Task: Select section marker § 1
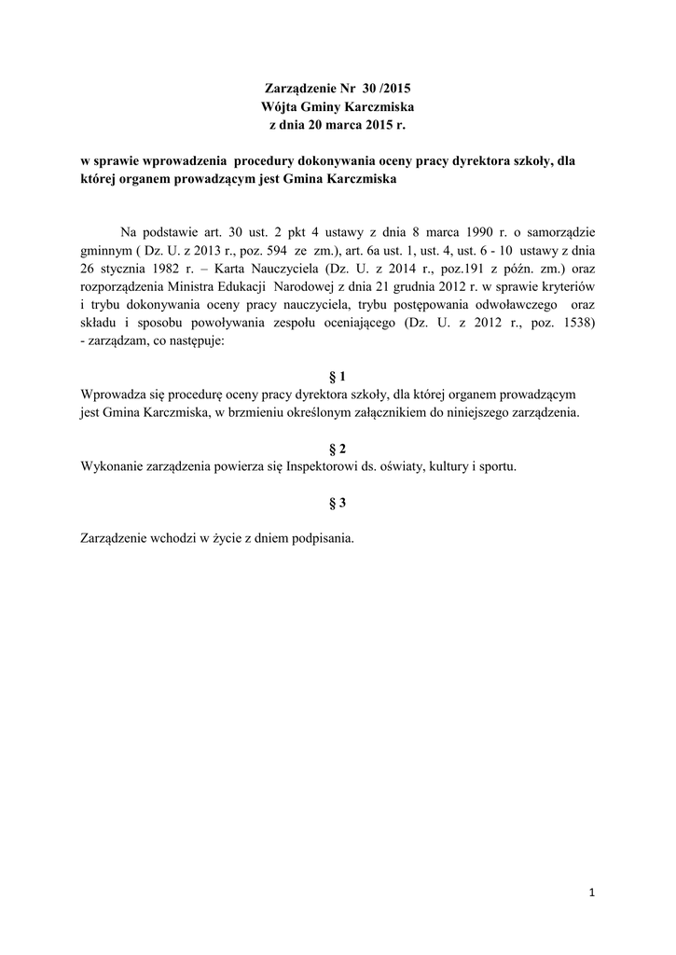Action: click(338, 377)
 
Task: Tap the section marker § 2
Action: click(338, 449)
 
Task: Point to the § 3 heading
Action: click(338, 503)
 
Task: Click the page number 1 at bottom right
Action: click(592, 893)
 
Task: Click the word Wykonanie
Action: click(112, 466)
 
